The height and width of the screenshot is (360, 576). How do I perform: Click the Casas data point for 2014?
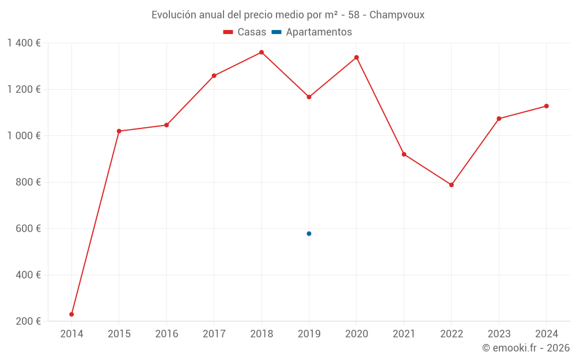tap(71, 314)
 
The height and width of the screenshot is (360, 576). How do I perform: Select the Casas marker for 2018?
tap(262, 52)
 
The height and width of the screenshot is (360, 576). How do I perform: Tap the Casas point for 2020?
tap(357, 58)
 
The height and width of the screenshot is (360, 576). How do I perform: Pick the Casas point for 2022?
tap(452, 185)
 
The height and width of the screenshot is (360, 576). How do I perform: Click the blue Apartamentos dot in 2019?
tap(309, 234)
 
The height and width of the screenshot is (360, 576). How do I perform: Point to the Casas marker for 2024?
tap(547, 106)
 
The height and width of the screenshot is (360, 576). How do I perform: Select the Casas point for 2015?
tap(119, 131)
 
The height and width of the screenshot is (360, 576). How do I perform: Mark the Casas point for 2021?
tap(404, 154)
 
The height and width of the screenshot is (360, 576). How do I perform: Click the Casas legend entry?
tap(245, 32)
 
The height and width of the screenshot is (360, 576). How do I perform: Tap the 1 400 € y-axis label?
tap(24, 43)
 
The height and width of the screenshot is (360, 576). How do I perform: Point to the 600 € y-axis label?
tap(29, 229)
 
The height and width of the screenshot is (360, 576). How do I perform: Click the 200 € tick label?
tap(29, 321)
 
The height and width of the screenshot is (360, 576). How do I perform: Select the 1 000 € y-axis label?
tap(24, 136)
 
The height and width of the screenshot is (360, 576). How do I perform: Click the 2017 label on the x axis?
tap(214, 334)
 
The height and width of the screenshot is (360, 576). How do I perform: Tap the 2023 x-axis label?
tap(499, 334)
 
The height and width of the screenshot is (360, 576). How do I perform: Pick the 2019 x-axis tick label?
tap(309, 334)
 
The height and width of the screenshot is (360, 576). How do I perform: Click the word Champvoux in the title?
tap(397, 15)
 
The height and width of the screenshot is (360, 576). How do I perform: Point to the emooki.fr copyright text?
tap(526, 348)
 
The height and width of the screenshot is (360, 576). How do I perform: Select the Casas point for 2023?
tap(499, 119)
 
